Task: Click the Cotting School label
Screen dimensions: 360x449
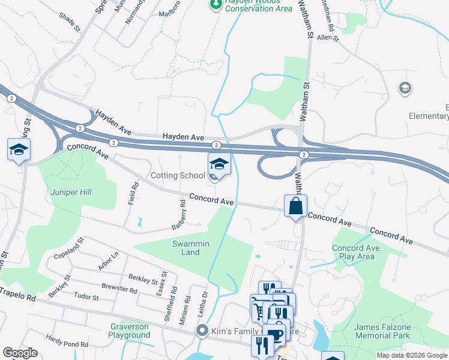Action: (x=178, y=176)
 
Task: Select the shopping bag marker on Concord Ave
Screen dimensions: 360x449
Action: (x=295, y=206)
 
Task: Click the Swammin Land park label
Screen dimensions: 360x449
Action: (x=190, y=248)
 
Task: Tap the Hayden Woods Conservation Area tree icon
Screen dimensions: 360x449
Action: (x=215, y=5)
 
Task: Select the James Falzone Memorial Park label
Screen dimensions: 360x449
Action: (x=382, y=331)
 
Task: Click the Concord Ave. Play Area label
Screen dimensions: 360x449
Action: (x=354, y=252)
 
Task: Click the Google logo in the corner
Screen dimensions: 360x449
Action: (x=20, y=353)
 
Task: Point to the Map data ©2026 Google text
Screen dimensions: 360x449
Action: (x=411, y=355)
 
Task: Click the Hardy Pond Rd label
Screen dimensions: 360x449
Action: (x=67, y=341)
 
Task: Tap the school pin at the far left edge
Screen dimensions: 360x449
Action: (x=18, y=149)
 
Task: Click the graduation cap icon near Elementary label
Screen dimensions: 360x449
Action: (x=405, y=89)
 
